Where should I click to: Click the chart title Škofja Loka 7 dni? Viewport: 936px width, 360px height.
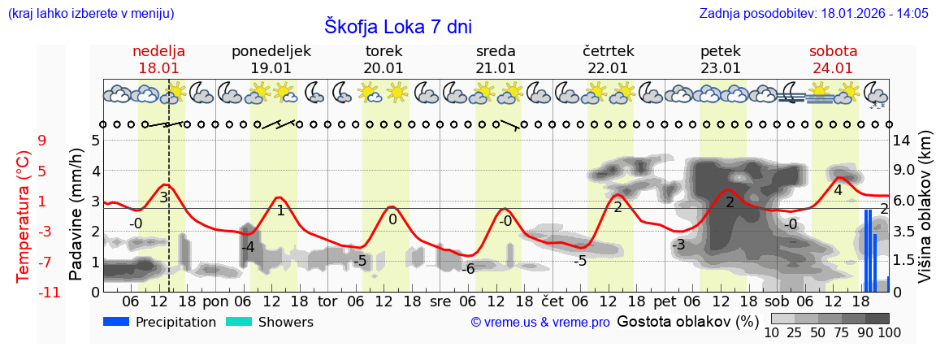[x=398, y=26]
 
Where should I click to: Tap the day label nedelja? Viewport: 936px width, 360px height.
[x=159, y=51]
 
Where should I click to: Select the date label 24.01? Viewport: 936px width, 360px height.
[x=832, y=68]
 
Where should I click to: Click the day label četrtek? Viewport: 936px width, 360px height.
[x=609, y=51]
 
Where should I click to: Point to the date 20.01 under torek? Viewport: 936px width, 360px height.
[x=383, y=68]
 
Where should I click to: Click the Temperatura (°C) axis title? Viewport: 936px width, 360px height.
[x=24, y=215]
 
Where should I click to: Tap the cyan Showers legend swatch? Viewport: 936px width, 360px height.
[x=239, y=322]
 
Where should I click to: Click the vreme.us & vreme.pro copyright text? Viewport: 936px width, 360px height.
[x=540, y=323]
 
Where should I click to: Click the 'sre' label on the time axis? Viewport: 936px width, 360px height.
[x=440, y=301]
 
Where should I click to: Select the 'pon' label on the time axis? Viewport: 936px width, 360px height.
[x=215, y=301]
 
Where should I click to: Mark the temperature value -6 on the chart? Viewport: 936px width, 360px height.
[x=468, y=269]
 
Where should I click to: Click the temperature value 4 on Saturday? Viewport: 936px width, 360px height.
[x=838, y=190]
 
